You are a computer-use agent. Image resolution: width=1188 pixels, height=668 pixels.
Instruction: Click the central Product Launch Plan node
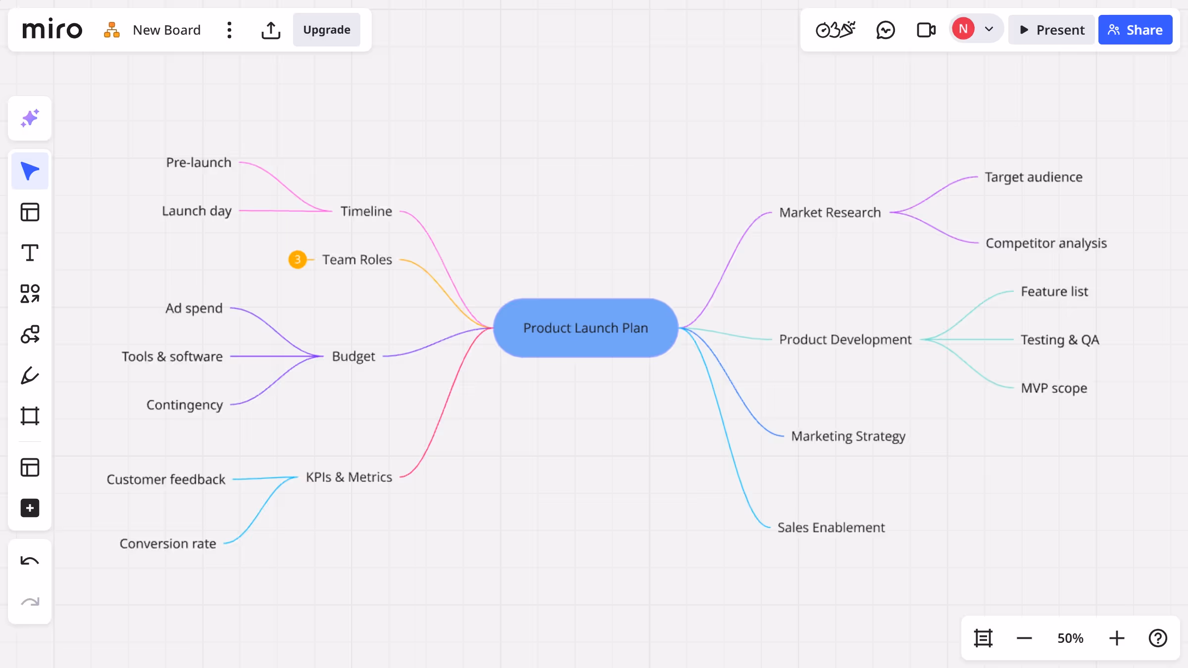(586, 328)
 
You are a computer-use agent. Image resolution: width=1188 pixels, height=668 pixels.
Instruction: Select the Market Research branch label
(830, 212)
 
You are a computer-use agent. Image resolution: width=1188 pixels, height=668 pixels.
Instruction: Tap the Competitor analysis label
(1046, 243)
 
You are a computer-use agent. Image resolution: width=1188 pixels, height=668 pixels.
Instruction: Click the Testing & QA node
(1059, 339)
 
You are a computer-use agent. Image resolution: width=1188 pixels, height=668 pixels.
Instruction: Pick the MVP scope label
(1054, 388)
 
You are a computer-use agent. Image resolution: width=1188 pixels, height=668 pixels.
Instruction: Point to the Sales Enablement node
(831, 527)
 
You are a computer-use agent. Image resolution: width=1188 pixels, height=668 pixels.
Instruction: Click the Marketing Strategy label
(848, 436)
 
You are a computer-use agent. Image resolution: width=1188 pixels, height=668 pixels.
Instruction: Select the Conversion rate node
(168, 543)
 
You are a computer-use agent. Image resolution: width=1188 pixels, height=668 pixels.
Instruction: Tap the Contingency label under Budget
(185, 405)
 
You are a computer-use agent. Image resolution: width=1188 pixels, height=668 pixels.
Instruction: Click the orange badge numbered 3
(297, 259)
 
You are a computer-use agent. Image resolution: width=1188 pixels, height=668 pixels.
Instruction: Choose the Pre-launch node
(198, 162)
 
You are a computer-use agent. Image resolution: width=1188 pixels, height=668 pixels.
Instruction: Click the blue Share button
(1135, 30)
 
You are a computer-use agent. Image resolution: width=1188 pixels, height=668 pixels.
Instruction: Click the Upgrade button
(327, 30)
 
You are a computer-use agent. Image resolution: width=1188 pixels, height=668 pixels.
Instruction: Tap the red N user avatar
(963, 29)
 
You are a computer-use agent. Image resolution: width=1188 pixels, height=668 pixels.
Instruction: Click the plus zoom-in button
(1116, 638)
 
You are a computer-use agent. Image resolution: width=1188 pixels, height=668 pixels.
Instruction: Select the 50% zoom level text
(1070, 638)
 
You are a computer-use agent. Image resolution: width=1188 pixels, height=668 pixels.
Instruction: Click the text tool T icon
(30, 253)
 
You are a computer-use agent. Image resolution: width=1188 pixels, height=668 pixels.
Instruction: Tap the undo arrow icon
(30, 561)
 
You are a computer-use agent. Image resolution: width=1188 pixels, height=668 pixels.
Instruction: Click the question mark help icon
(1157, 638)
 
